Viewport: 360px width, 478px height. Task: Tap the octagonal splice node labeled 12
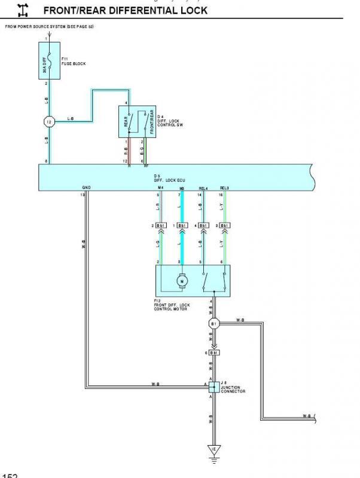(50, 122)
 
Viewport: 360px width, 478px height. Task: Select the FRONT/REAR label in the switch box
(152, 121)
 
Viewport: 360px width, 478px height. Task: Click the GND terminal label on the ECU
(87, 188)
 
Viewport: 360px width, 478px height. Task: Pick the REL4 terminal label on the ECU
(203, 188)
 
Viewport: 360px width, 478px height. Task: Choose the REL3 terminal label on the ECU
(224, 188)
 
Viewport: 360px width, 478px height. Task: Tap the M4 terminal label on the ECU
(160, 188)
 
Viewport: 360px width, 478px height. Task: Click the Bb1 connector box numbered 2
(161, 226)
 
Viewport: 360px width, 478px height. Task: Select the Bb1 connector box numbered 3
(225, 226)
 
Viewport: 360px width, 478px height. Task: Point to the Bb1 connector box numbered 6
(214, 353)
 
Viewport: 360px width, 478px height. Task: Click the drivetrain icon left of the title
(23, 10)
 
